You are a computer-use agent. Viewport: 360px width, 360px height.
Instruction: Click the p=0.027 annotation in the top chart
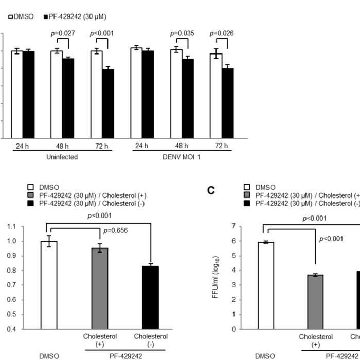(x=62, y=34)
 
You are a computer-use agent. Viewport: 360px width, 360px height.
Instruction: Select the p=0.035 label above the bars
(x=183, y=34)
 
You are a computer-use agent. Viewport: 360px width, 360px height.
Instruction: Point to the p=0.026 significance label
(x=222, y=34)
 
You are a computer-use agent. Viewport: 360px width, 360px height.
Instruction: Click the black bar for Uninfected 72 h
(x=107, y=104)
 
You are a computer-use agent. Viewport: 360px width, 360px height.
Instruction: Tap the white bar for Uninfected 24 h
(x=17, y=95)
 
